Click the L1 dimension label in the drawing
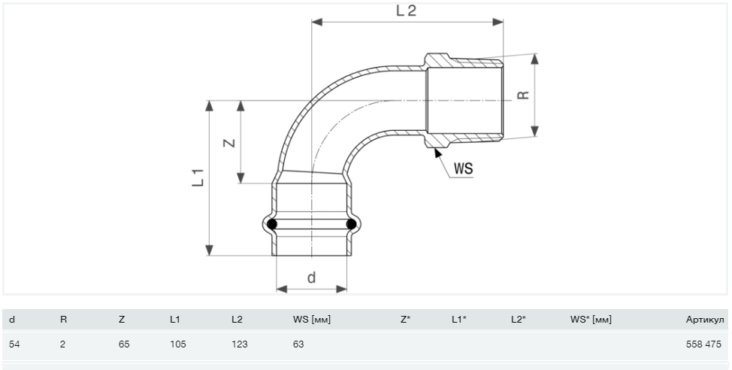coord(198,178)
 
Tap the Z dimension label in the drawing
coord(229,141)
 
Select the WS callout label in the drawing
coord(463,168)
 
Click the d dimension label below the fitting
coord(311,277)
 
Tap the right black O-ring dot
coord(350,224)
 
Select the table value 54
coord(13,344)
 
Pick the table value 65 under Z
coord(124,344)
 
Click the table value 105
coord(177,344)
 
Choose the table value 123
coord(239,344)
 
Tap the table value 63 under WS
coord(298,344)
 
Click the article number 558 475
coord(702,344)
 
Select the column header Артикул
coord(705,320)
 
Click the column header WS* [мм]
coord(591,320)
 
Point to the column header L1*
coord(458,320)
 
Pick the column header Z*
coord(405,320)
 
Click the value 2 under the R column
coord(63,344)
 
